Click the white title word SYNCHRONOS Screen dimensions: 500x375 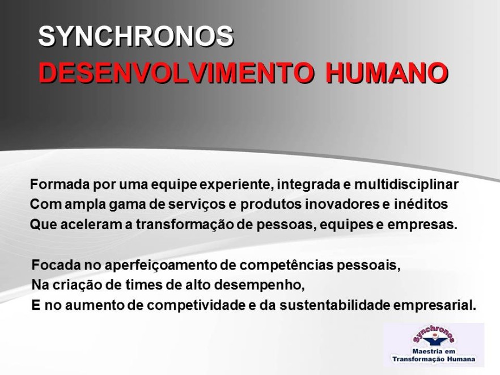point(136,36)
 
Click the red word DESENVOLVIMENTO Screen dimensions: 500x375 point(175,73)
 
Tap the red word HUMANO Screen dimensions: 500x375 point(387,73)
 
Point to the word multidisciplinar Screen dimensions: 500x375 point(406,185)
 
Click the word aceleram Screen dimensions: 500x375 point(91,225)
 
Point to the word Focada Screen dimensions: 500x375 point(56,266)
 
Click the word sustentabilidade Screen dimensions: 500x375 point(335,305)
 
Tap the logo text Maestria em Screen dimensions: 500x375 point(434,352)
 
